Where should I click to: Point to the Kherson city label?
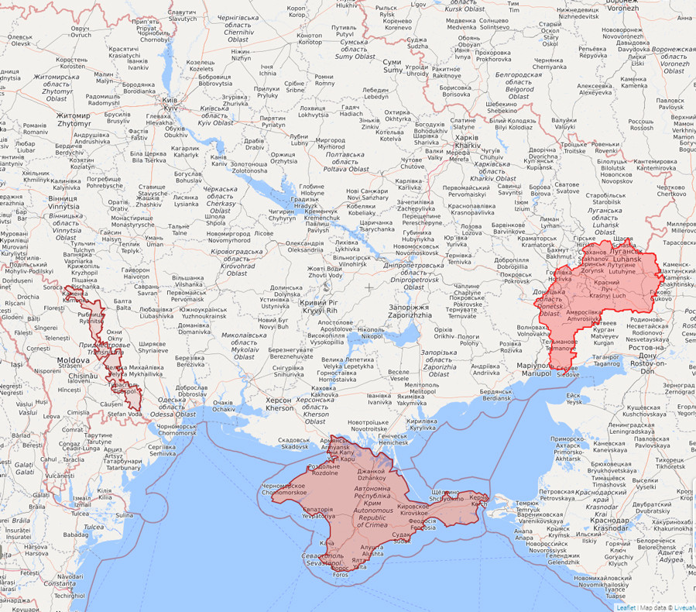click(279, 404)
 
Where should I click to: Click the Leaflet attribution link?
click(626, 607)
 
